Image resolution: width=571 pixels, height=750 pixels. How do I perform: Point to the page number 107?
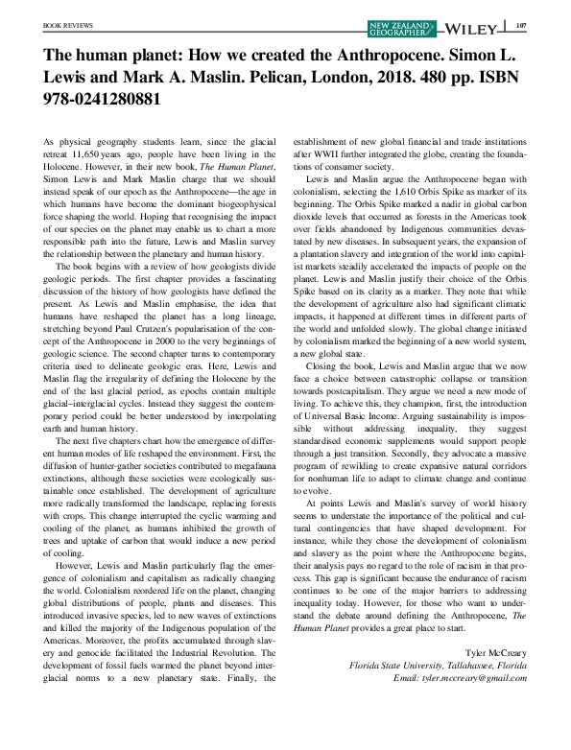(521, 27)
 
